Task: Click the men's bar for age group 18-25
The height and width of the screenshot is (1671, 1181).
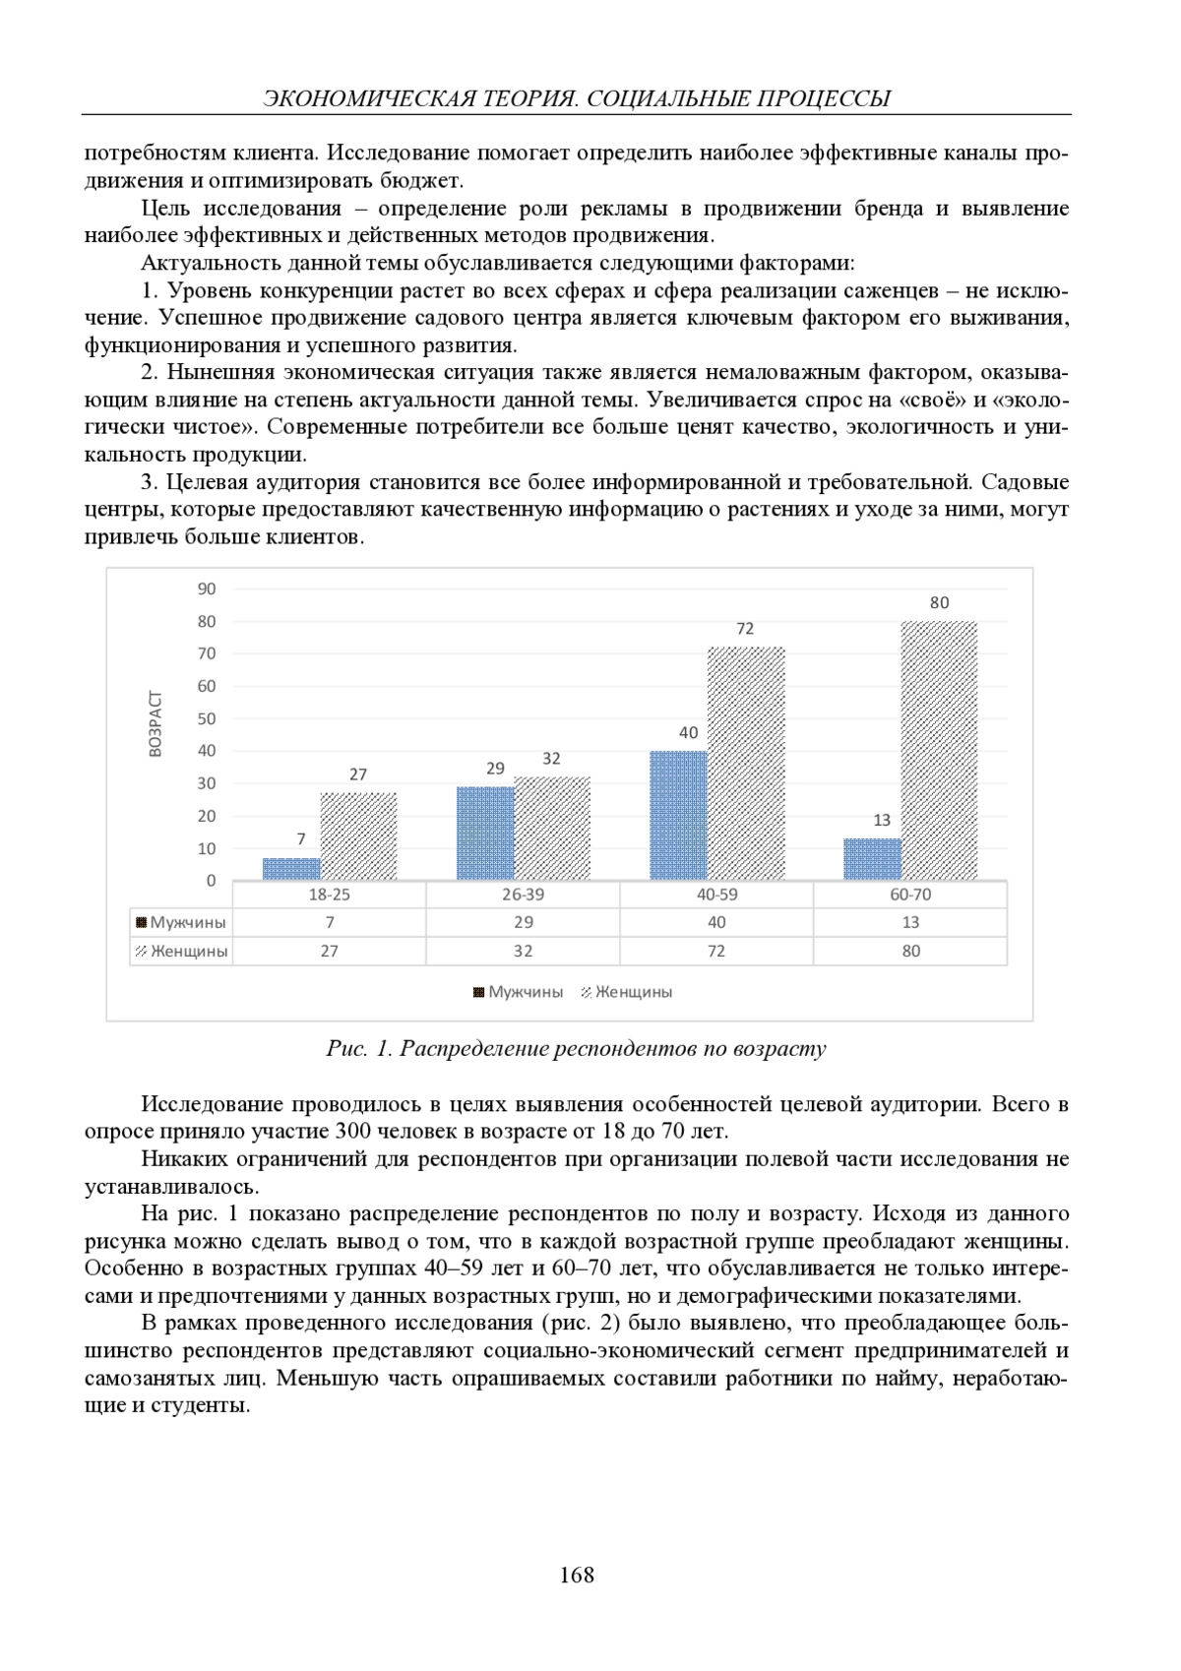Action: pyautogui.click(x=291, y=869)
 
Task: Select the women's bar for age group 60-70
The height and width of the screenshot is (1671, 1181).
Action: pyautogui.click(x=939, y=751)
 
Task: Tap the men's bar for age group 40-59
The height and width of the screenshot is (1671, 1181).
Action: pyautogui.click(x=678, y=816)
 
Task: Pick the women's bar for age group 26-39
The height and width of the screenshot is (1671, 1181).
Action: pyautogui.click(x=552, y=829)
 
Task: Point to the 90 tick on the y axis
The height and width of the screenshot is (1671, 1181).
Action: pyautogui.click(x=207, y=588)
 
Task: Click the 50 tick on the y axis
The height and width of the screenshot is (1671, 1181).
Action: pyautogui.click(x=207, y=718)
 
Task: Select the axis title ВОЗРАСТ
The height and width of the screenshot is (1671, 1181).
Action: pyautogui.click(x=155, y=724)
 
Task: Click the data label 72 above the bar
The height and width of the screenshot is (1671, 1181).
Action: pyautogui.click(x=745, y=629)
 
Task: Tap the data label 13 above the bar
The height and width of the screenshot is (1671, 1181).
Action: pyautogui.click(x=882, y=820)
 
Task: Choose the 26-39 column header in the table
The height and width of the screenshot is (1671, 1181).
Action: pyautogui.click(x=523, y=895)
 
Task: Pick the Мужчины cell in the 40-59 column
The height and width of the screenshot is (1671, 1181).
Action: pyautogui.click(x=716, y=922)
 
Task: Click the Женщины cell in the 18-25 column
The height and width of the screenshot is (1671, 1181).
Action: pyautogui.click(x=329, y=951)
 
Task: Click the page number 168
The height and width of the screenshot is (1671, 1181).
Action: pyautogui.click(x=577, y=1575)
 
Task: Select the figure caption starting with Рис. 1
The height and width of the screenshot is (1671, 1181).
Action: pyautogui.click(x=576, y=1048)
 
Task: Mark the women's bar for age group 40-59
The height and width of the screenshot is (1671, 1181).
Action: pyautogui.click(x=746, y=764)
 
